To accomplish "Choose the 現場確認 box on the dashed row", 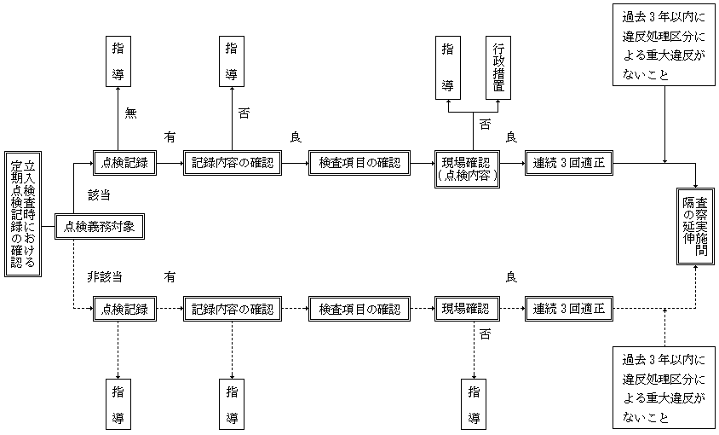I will [x=467, y=309].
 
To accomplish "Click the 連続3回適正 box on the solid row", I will [x=568, y=162].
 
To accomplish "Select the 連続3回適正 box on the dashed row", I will [x=568, y=309].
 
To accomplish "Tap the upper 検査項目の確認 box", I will [x=359, y=162].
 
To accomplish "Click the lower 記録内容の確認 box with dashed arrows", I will [x=233, y=309].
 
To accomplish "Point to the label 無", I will [x=129, y=113].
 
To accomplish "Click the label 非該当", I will [x=105, y=277].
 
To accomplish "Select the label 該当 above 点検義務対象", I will [x=100, y=194].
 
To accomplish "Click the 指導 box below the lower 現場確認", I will [x=474, y=405].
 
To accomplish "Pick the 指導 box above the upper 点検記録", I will [x=118, y=61].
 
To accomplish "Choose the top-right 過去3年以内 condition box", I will [x=663, y=45].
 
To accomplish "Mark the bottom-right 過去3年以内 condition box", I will [x=663, y=387].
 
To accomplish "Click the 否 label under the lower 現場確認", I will [x=485, y=334].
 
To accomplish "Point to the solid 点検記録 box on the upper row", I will [x=125, y=162].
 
